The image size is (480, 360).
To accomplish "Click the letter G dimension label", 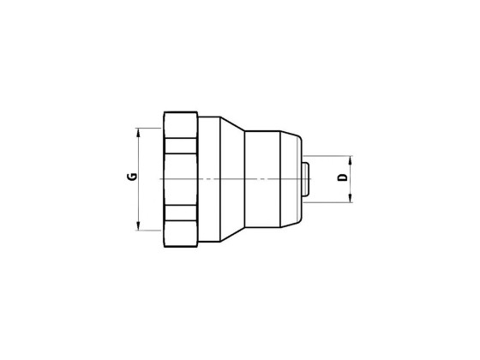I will pyautogui.click(x=131, y=177).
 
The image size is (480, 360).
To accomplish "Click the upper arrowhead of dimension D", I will pyautogui.click(x=350, y=159).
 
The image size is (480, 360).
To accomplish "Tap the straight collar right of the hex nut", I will pyautogui.click(x=212, y=178).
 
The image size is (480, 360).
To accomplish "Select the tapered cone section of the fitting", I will pyautogui.click(x=232, y=178).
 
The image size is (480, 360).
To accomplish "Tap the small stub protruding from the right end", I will pyautogui.click(x=305, y=178).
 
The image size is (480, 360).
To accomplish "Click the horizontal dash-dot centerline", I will pyautogui.click(x=257, y=178).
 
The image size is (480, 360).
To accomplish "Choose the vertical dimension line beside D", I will pyautogui.click(x=350, y=189).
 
